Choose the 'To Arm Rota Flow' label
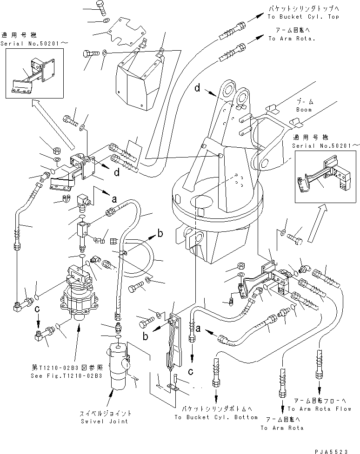[319, 409]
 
